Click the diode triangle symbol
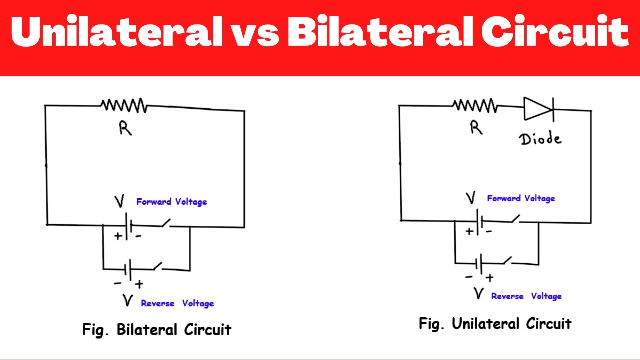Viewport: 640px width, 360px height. click(538, 108)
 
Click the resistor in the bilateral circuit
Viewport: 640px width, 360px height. click(123, 105)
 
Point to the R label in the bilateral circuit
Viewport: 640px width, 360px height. click(125, 129)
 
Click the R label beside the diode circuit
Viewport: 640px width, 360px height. click(476, 128)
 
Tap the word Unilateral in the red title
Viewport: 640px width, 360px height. click(117, 33)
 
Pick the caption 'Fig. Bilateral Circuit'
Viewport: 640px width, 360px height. click(157, 330)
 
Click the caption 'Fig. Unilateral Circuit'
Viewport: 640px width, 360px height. click(495, 324)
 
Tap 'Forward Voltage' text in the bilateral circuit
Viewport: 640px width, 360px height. click(171, 202)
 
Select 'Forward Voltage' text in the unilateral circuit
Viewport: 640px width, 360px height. click(521, 198)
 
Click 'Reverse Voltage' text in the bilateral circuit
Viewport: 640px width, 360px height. click(177, 303)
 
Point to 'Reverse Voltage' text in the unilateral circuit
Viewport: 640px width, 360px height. click(526, 296)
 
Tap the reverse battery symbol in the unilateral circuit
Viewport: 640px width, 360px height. click(480, 263)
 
